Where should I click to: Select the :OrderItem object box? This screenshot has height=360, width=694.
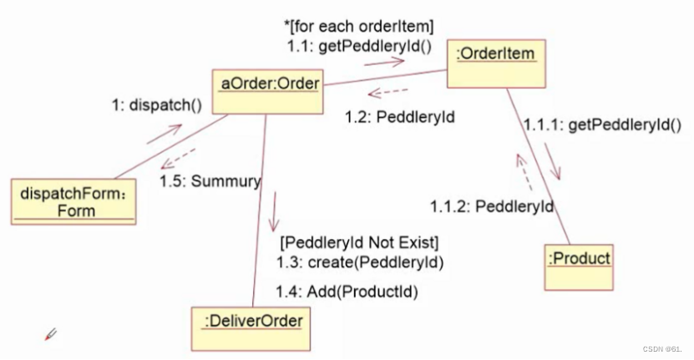pyautogui.click(x=496, y=63)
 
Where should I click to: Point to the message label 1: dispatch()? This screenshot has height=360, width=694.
pyautogui.click(x=157, y=106)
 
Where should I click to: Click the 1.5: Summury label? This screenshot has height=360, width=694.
pyautogui.click(x=210, y=180)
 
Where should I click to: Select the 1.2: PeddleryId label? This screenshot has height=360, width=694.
pyautogui.click(x=399, y=117)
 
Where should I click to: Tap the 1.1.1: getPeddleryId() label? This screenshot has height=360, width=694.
pyautogui.click(x=602, y=126)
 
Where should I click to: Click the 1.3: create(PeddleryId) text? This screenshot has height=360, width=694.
pyautogui.click(x=359, y=262)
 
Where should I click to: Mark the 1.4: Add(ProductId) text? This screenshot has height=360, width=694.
pyautogui.click(x=347, y=292)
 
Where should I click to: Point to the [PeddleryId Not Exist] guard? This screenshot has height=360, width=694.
pyautogui.click(x=360, y=243)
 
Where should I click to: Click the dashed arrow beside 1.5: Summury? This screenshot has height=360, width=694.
pyautogui.click(x=178, y=160)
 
